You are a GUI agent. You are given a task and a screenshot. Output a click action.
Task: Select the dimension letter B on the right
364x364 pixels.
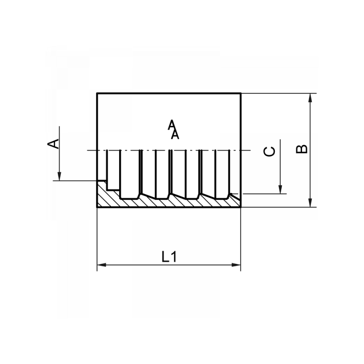click(301, 149)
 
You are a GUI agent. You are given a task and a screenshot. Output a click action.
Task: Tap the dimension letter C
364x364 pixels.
click(270, 152)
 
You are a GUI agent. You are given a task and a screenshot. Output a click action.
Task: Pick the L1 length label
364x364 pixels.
click(169, 257)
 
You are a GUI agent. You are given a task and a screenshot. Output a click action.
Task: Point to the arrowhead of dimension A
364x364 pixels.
click(59, 177)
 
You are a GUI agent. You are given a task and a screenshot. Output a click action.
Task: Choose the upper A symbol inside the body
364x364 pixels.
click(171, 124)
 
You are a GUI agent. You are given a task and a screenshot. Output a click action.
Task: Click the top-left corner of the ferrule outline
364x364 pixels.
click(97, 94)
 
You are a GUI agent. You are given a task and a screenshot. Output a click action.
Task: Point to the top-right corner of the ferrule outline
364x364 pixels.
click(240, 94)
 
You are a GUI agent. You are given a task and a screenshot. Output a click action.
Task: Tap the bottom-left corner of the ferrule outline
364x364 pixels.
click(97, 207)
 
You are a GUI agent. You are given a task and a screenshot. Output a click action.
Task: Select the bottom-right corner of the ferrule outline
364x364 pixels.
click(240, 207)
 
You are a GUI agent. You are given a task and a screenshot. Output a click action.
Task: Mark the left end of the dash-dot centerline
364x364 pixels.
click(87, 150)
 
